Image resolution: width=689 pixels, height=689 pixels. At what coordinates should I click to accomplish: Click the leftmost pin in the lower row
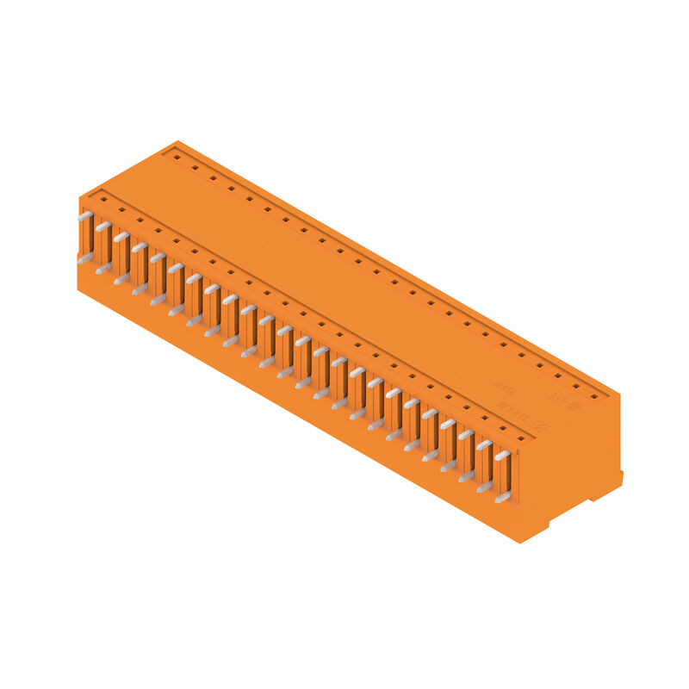tap(84, 258)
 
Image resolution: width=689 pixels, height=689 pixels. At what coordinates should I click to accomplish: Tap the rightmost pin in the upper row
tap(501, 456)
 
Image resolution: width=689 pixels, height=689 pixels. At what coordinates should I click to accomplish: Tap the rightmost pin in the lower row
tap(501, 496)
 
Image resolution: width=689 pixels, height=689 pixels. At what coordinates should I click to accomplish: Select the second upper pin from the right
tap(483, 445)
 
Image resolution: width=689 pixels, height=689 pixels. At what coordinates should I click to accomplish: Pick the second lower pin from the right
tap(483, 486)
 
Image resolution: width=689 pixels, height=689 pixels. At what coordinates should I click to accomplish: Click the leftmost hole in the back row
tap(177, 158)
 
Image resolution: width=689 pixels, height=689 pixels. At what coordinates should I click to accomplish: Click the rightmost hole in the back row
tap(593, 397)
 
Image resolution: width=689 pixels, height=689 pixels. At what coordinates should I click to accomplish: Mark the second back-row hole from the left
tap(195, 168)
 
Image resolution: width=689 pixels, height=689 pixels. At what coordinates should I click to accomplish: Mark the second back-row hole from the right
tap(575, 387)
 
